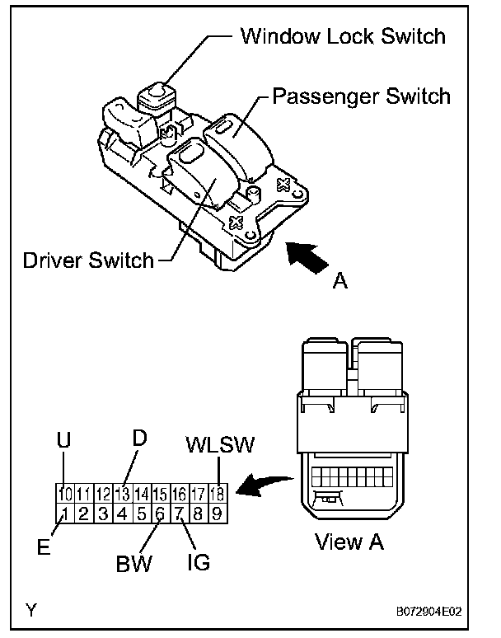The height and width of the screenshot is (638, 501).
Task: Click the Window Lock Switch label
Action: click(x=342, y=35)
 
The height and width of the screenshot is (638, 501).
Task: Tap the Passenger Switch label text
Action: click(x=361, y=96)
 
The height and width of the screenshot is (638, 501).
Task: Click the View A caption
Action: click(x=349, y=542)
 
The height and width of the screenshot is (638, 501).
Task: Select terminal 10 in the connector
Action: click(x=65, y=495)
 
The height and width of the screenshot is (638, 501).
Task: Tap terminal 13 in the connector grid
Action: click(x=123, y=495)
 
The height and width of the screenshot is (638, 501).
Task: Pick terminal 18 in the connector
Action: click(x=218, y=495)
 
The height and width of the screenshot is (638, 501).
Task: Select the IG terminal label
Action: click(x=198, y=564)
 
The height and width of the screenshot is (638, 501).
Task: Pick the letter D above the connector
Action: click(x=140, y=439)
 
